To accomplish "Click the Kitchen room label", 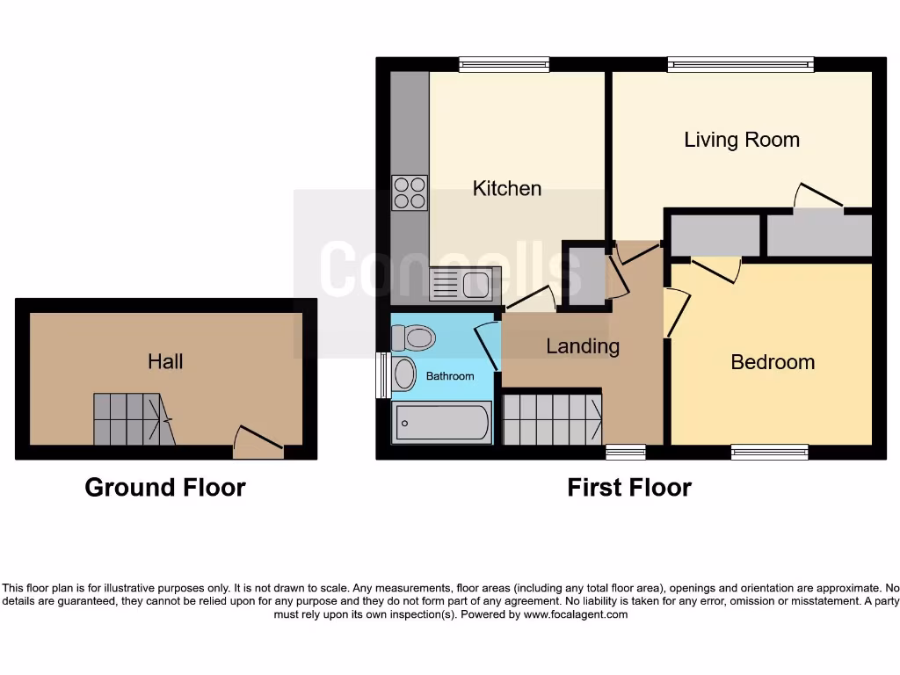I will pyautogui.click(x=506, y=188).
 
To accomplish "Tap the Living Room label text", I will pyautogui.click(x=741, y=140).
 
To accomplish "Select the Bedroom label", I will pyautogui.click(x=772, y=362).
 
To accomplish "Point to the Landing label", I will pyautogui.click(x=582, y=346).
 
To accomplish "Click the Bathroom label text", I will pyautogui.click(x=450, y=376).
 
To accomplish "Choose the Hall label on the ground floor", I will pyautogui.click(x=165, y=361).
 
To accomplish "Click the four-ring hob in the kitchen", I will pyautogui.click(x=410, y=193).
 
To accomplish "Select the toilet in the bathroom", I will pyautogui.click(x=414, y=337).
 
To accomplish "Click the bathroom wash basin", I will pyautogui.click(x=404, y=374).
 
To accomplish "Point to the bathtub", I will pyautogui.click(x=442, y=423).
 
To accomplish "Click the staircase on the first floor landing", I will pyautogui.click(x=553, y=419).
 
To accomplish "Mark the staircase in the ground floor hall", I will pyautogui.click(x=128, y=418).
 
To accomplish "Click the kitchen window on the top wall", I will pyautogui.click(x=504, y=63).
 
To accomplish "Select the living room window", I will pyautogui.click(x=740, y=63).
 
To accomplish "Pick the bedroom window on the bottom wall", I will pyautogui.click(x=769, y=452).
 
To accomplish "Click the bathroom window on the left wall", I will pyautogui.click(x=382, y=375).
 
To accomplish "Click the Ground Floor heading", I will pyautogui.click(x=165, y=487).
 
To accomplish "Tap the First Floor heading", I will pyautogui.click(x=629, y=487).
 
